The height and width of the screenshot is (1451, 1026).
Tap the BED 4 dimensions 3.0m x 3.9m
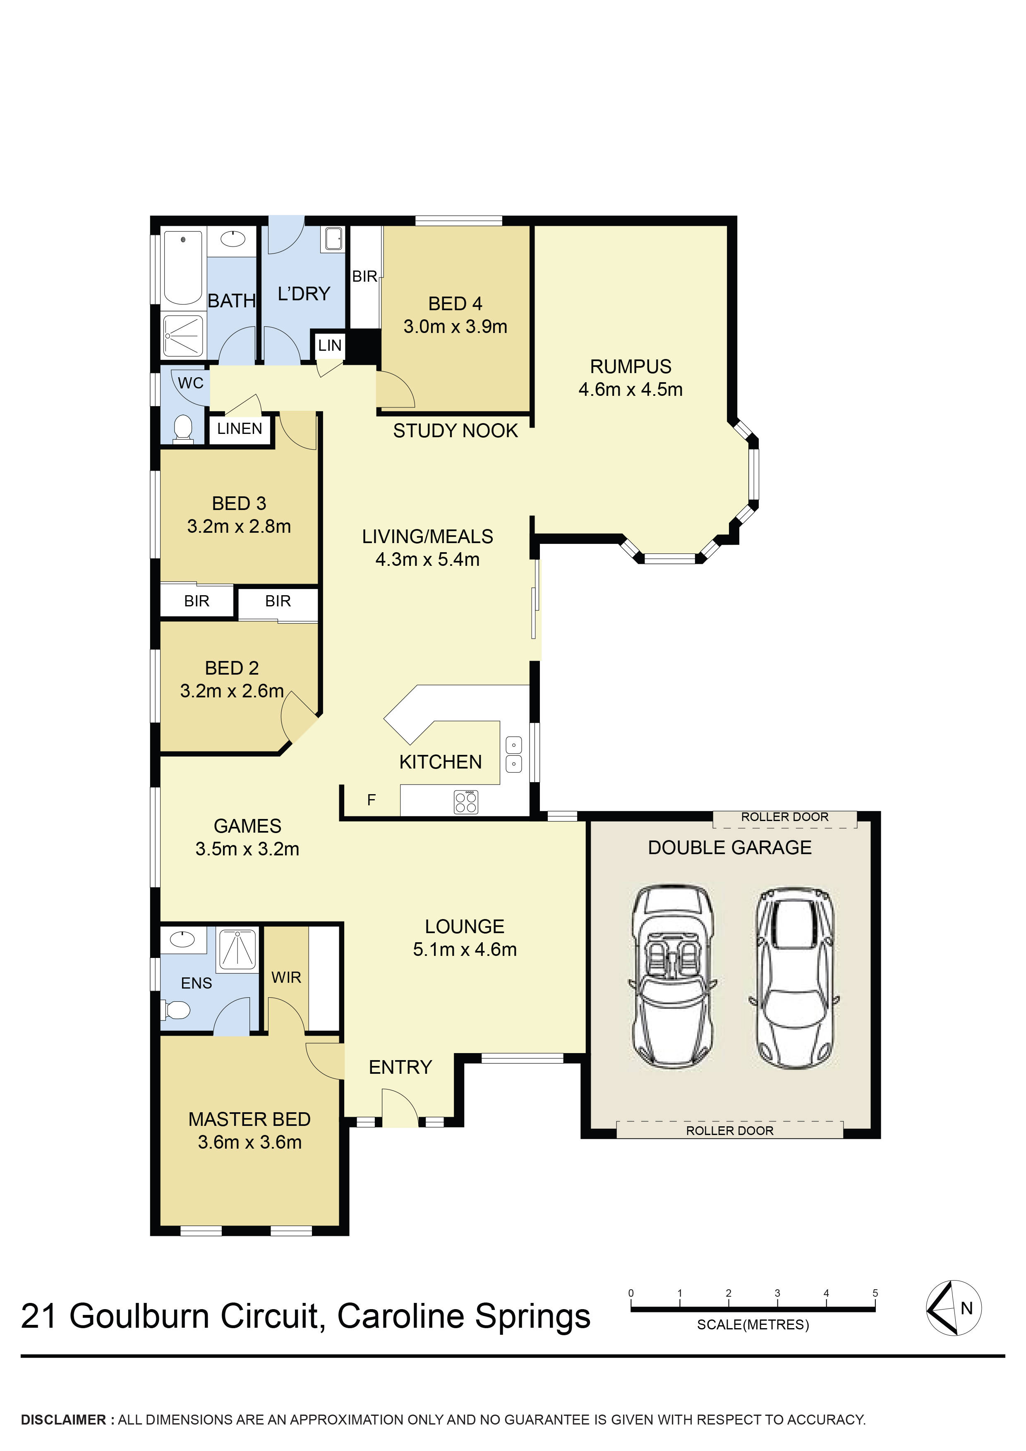455,327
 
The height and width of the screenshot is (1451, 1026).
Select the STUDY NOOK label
455,431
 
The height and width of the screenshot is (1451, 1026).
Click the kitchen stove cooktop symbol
466,802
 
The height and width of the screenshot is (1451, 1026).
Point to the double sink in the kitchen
513,754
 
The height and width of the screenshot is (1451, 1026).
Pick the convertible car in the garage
673,977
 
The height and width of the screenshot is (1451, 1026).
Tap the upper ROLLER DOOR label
784,817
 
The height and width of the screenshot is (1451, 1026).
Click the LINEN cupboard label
240,429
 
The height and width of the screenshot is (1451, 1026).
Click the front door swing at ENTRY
400,1106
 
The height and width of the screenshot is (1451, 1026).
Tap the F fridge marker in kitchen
372,800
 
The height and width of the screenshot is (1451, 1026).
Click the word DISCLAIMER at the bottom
63,1420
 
